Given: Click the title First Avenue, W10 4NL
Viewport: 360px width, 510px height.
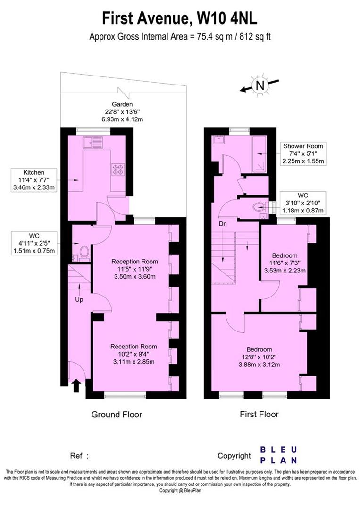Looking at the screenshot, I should (x=180, y=19).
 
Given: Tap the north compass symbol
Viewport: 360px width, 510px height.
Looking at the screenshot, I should (x=259, y=85).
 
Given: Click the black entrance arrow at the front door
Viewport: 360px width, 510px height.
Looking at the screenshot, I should (x=76, y=387).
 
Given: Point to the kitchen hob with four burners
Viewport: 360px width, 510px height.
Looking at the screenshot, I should (x=117, y=169).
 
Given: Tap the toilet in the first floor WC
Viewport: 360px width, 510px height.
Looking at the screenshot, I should (x=259, y=206).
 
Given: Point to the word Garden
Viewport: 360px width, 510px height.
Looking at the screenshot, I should (x=122, y=104).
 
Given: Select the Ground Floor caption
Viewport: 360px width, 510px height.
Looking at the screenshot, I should (x=117, y=415).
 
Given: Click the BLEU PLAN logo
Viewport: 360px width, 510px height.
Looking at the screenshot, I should (x=279, y=454).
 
